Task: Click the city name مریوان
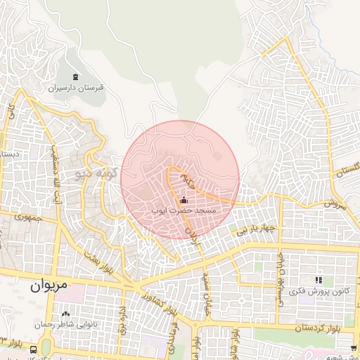click(x=49, y=287)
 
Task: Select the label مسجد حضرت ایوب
click(x=184, y=210)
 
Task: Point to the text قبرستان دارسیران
click(x=76, y=89)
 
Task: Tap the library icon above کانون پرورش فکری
click(x=319, y=281)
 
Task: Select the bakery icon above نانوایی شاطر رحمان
click(x=65, y=314)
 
